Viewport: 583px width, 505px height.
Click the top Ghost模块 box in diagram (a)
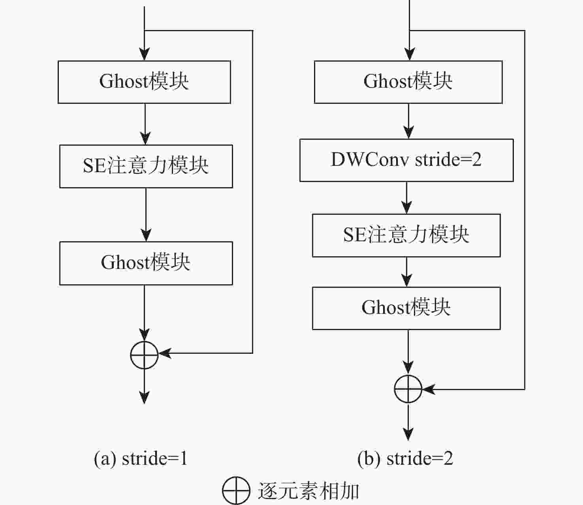[x=144, y=82]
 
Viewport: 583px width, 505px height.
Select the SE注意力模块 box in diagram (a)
[x=146, y=166]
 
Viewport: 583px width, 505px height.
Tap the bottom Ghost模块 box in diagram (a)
[x=146, y=263]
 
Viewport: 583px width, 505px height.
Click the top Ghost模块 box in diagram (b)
[x=408, y=82]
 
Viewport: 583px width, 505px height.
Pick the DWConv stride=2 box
[x=406, y=160]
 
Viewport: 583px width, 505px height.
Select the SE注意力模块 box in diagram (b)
[x=406, y=235]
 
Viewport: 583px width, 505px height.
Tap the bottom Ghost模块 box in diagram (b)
[x=406, y=308]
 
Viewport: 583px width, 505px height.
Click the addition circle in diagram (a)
[x=145, y=355]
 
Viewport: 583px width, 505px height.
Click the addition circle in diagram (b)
[x=408, y=389]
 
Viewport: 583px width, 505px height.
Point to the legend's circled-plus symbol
[x=236, y=491]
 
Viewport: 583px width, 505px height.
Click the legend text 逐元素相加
[x=308, y=491]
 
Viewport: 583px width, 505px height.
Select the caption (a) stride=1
[x=141, y=458]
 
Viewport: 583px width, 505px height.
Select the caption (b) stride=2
[x=405, y=458]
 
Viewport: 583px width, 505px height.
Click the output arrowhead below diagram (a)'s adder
[x=145, y=398]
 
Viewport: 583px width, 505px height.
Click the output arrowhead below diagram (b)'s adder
[x=408, y=434]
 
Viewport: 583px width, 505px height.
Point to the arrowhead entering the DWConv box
[x=408, y=132]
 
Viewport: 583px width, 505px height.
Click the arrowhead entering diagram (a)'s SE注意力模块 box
[x=145, y=138]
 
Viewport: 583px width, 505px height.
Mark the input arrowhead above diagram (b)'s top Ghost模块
[x=410, y=54]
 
